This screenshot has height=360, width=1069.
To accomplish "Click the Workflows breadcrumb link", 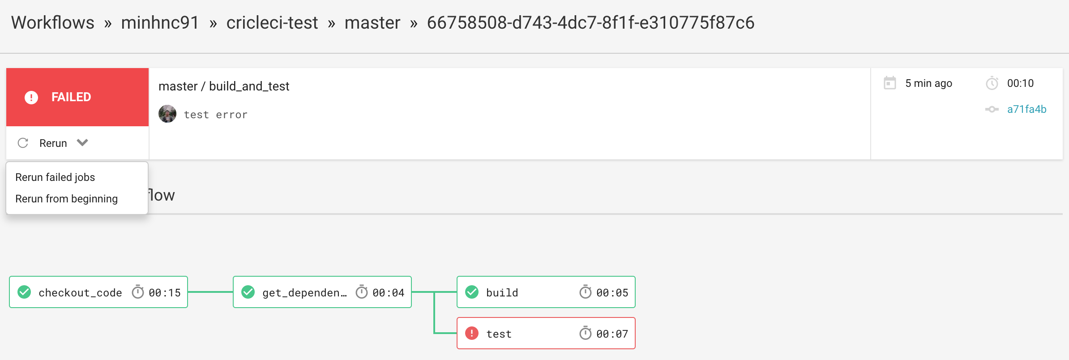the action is [x=53, y=23].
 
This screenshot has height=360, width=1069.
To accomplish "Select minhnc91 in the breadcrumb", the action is [x=160, y=23].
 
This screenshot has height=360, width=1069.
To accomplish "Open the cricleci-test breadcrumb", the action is [x=272, y=23].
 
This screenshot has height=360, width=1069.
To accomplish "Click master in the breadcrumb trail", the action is [x=372, y=23].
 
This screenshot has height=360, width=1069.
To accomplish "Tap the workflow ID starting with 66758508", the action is [x=590, y=23].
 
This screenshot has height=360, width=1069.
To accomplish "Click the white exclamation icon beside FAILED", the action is [x=31, y=97].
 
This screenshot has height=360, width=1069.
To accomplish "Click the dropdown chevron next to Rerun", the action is [x=82, y=142].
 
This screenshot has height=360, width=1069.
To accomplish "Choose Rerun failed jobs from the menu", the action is [x=55, y=177].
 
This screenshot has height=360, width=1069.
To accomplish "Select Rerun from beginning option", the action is [x=67, y=199].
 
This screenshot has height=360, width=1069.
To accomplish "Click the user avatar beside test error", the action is [x=167, y=114].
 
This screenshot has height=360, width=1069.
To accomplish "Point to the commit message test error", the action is [x=216, y=115].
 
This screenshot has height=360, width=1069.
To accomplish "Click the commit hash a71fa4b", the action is [x=1027, y=109].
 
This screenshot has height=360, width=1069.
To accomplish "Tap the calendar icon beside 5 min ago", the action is [x=890, y=83].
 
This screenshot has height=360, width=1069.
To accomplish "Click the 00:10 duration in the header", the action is [x=1021, y=83].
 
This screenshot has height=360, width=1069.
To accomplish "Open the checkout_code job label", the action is [x=80, y=293].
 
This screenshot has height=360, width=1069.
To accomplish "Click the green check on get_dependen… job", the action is [x=248, y=292].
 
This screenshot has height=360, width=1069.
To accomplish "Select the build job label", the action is [x=502, y=293].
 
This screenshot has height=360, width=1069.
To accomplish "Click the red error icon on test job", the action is [x=472, y=333].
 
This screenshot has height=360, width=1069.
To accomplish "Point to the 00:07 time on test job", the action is [x=612, y=334].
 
